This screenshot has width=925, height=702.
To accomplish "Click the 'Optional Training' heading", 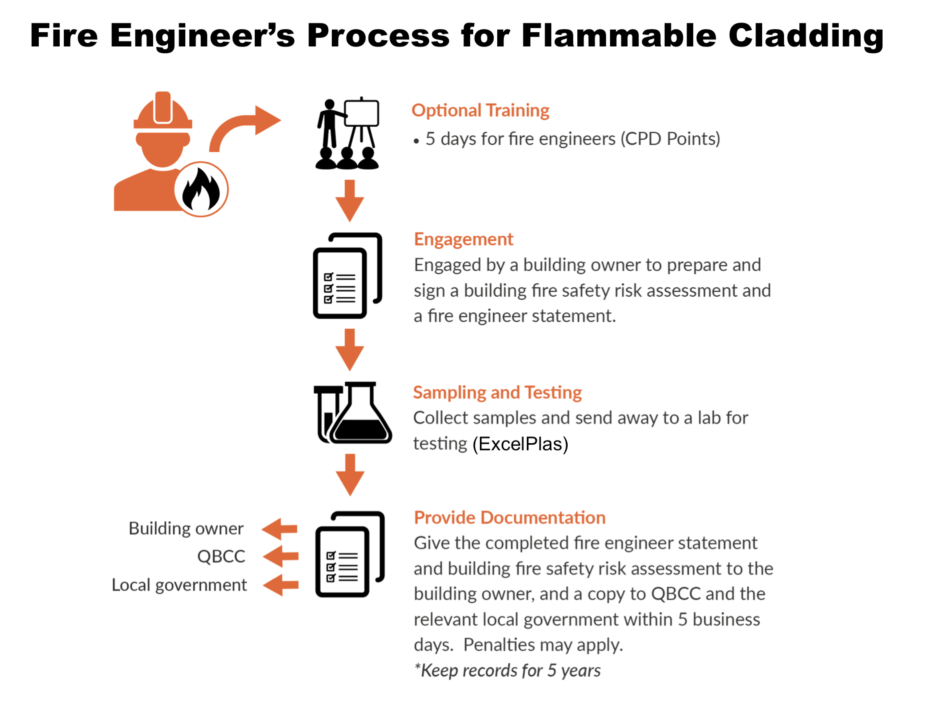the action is tap(480, 110).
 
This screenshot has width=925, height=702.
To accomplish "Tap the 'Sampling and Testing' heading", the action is tap(497, 393).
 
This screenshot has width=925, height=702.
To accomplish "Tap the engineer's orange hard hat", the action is tap(163, 110).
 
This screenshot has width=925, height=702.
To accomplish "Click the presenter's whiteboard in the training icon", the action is tap(361, 113).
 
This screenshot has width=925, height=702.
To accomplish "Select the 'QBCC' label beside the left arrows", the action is tap(221, 556).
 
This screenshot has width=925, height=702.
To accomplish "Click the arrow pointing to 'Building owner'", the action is tap(279, 529).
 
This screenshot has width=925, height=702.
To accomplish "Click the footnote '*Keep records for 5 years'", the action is tap(507, 671).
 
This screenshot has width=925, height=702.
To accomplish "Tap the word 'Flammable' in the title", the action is tap(619, 35).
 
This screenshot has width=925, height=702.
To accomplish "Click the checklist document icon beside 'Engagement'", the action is tap(347, 275).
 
